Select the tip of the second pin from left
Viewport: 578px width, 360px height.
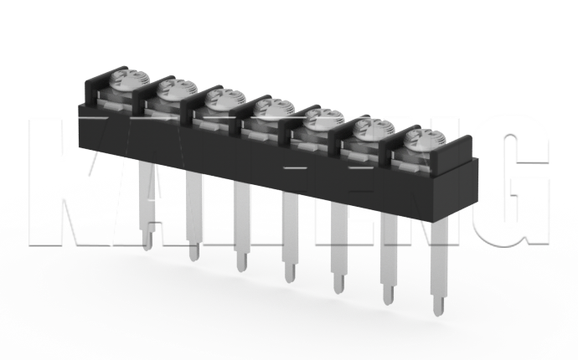(194, 255)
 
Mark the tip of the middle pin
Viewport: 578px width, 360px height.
(289, 280)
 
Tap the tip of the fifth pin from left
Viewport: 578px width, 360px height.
(338, 288)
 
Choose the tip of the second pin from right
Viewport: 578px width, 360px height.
(389, 299)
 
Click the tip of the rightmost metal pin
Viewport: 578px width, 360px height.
(438, 309)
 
